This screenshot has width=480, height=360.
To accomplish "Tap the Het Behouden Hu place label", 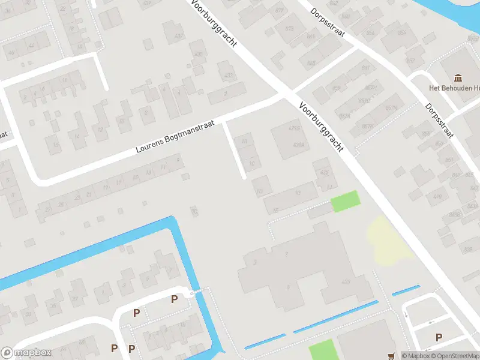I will pyautogui.click(x=454, y=88).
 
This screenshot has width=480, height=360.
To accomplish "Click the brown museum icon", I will pyautogui.click(x=459, y=77).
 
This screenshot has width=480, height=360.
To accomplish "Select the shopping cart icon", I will pyautogui.click(x=391, y=356).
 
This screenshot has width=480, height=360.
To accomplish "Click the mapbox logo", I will pyautogui.click(x=26, y=353).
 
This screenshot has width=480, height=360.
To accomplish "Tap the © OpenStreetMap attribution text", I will pyautogui.click(x=450, y=356).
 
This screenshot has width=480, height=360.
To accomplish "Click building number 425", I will pyautogui.click(x=325, y=173).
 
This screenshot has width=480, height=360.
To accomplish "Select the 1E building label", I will pyautogui.click(x=275, y=209).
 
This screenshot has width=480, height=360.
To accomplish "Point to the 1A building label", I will pyautogui.click(x=244, y=142).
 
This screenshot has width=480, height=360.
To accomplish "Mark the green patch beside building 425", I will pyautogui.click(x=346, y=200).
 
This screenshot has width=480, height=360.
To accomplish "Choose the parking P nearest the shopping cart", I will pyautogui.click(x=439, y=338).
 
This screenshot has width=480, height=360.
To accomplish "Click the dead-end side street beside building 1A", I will pyautogui.click(x=235, y=150).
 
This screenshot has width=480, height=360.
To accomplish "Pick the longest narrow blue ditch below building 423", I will pyautogui.click(x=336, y=317).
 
